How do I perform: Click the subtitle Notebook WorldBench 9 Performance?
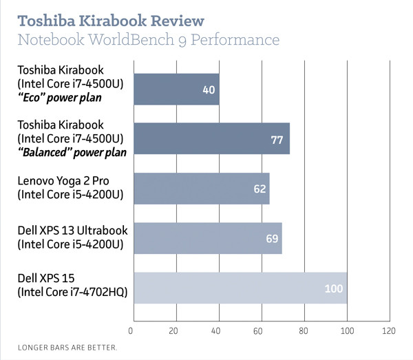point(147,40)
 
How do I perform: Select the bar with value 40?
point(176,89)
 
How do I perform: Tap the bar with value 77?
point(211,139)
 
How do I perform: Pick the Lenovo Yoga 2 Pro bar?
point(200,188)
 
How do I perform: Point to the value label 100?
point(333,288)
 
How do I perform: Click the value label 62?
point(260,189)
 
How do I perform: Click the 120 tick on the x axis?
point(390,330)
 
